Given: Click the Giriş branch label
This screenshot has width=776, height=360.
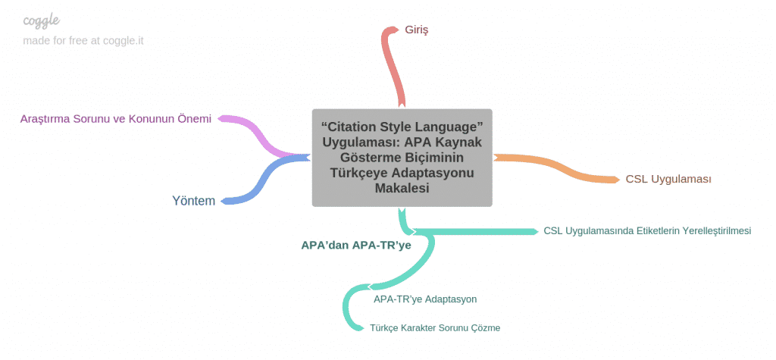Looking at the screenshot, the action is click(416, 30).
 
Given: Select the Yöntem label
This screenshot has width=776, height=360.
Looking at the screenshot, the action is click(193, 201).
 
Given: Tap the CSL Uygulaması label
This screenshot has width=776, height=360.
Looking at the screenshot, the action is click(668, 180).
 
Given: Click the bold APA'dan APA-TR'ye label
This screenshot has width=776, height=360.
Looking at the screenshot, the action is click(356, 245).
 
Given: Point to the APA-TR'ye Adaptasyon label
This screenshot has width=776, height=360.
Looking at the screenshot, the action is click(425, 299).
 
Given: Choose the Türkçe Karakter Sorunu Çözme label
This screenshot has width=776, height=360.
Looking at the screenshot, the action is click(435, 328).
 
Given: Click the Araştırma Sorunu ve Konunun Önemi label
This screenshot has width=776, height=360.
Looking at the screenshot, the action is click(116, 119).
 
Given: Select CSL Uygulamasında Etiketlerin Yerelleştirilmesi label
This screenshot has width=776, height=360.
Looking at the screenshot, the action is click(647, 230).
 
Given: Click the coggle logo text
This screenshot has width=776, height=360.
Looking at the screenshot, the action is click(42, 20).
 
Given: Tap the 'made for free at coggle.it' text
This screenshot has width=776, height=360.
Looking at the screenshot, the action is click(83, 41).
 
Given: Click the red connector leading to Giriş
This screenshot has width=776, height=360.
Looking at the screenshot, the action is click(394, 67).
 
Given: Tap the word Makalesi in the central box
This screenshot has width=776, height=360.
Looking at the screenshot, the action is click(402, 188).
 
